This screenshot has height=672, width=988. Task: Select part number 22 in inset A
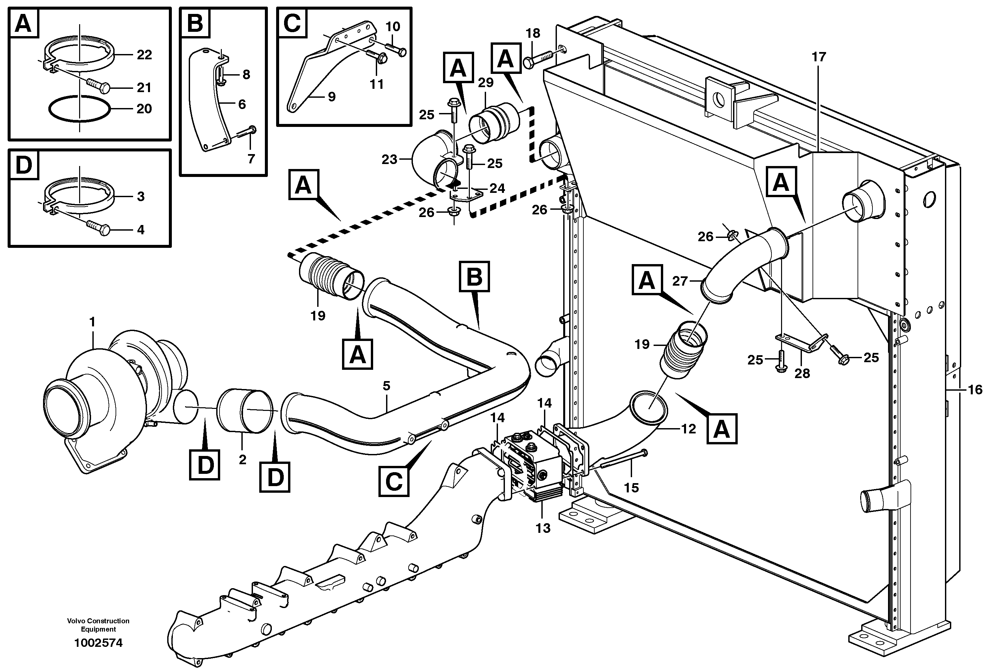[144, 55]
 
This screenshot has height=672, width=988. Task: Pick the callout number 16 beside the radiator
[975, 390]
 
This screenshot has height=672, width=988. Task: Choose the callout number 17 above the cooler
[818, 57]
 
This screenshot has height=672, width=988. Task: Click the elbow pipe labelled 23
[429, 160]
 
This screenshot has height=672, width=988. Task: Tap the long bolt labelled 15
[623, 461]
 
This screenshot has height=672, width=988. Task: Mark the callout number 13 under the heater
[543, 528]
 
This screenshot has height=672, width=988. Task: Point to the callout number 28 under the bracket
[802, 373]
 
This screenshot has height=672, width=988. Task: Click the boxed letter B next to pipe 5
[474, 277]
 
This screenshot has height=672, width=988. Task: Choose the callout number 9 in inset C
[332, 97]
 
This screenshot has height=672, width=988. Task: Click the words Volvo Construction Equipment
[98, 625]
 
